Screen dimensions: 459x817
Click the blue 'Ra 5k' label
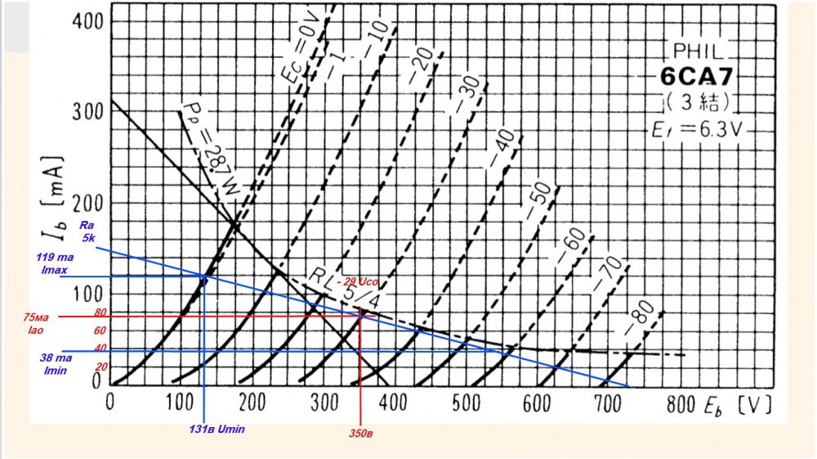pos(87,232)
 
